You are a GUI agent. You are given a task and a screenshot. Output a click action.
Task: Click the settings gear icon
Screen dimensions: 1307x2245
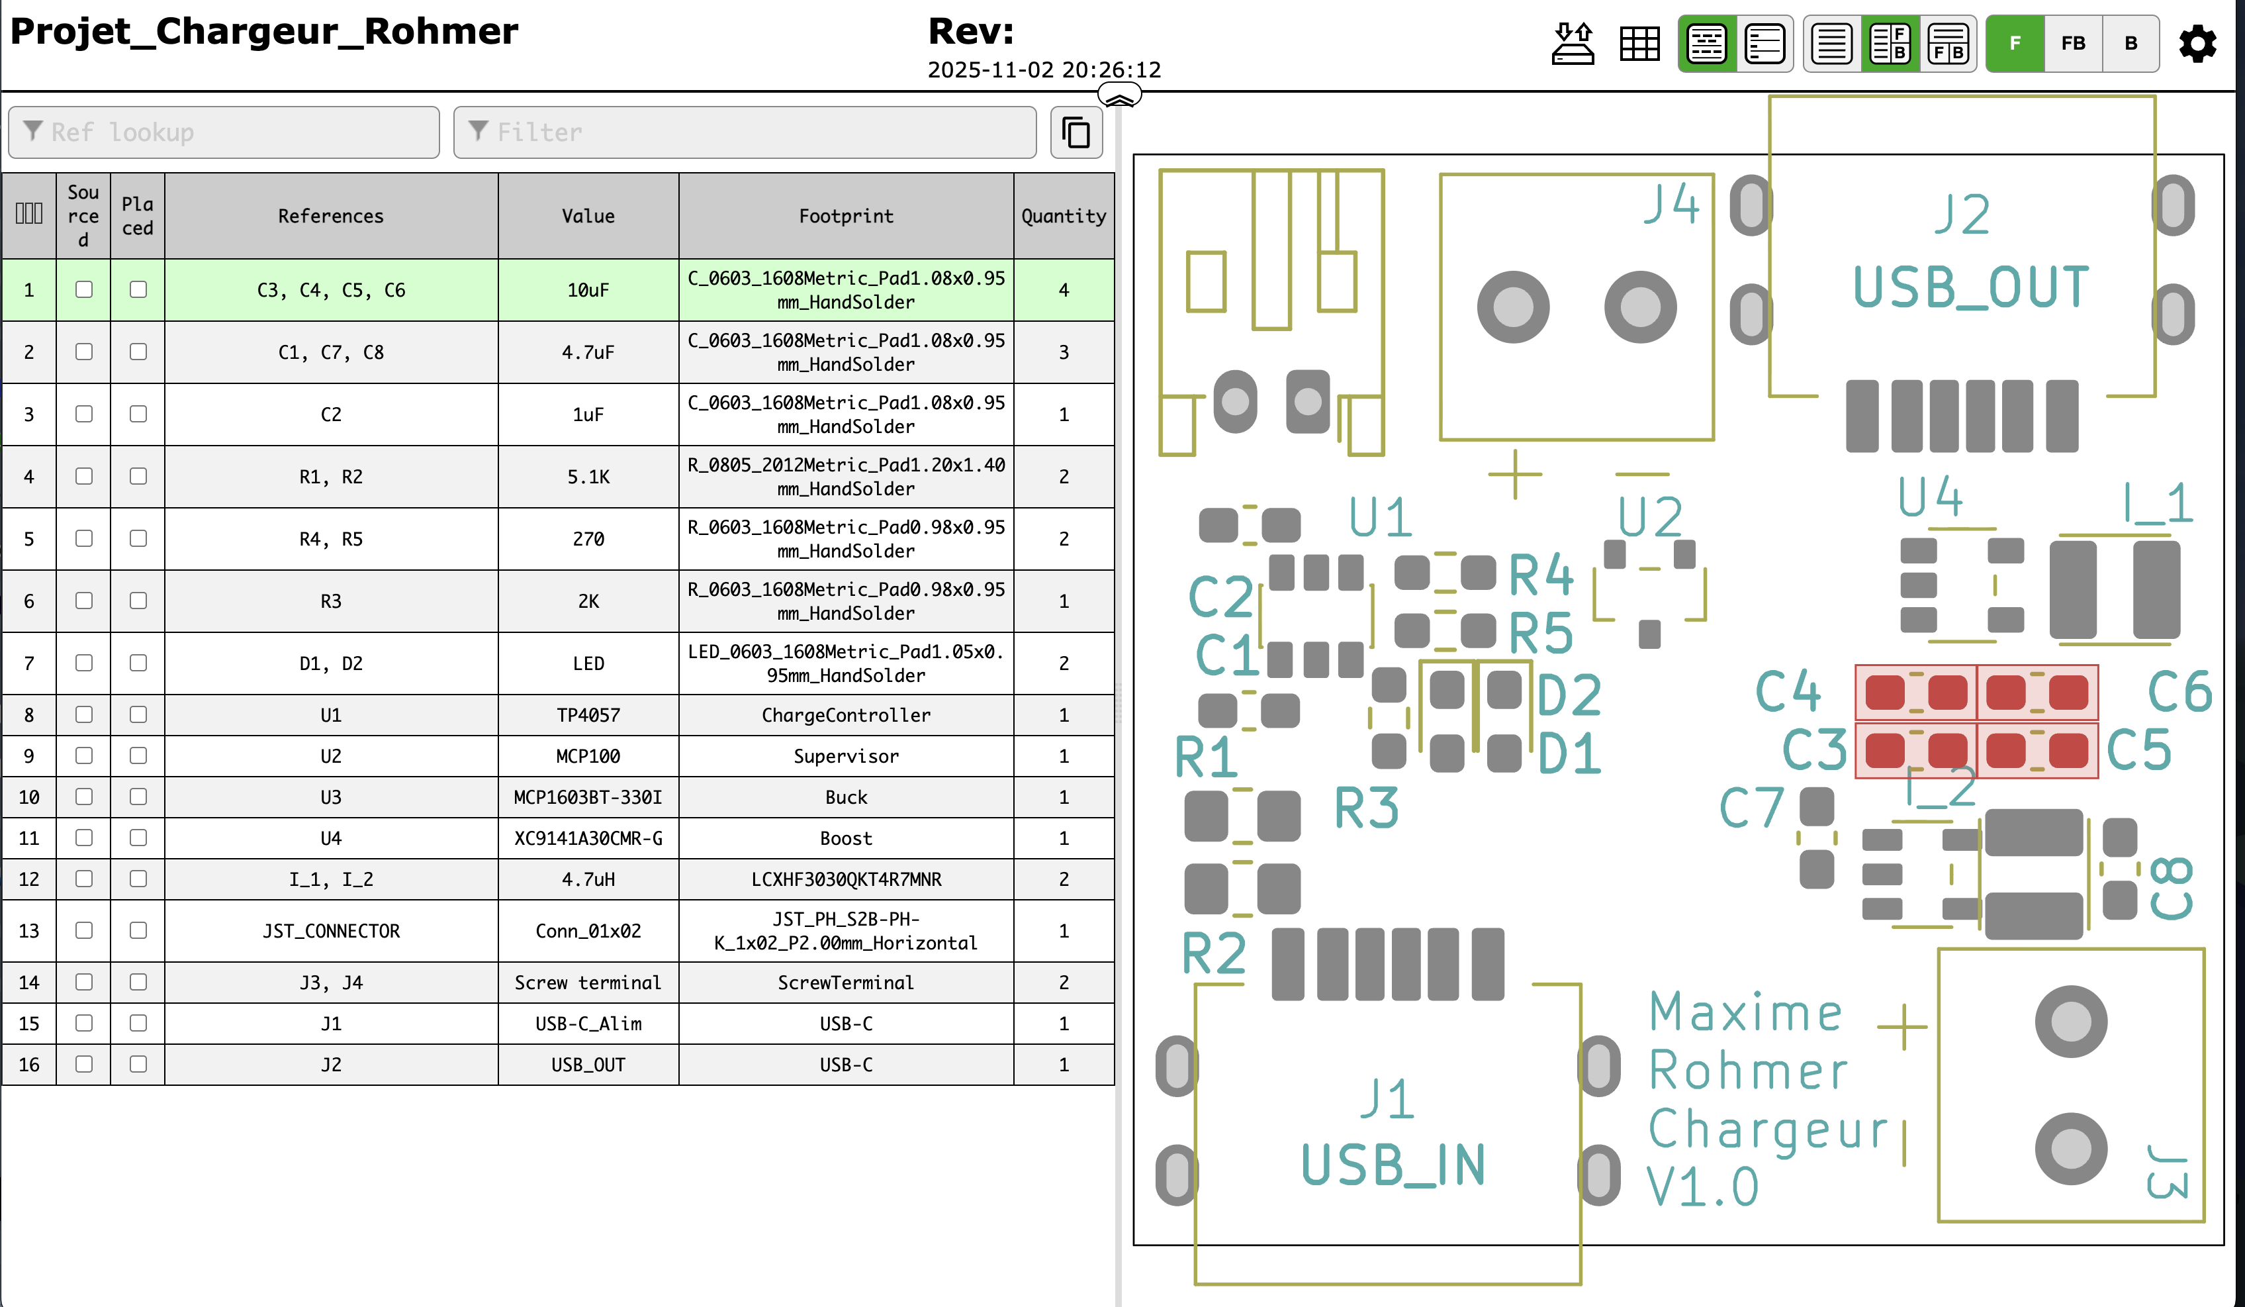coord(2197,44)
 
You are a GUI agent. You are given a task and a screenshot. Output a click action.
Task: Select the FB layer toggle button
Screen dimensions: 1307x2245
coord(2072,44)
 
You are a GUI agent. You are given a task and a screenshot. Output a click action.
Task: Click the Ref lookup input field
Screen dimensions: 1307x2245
coord(224,132)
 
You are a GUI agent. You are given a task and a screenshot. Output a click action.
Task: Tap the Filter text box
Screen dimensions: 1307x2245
coord(745,132)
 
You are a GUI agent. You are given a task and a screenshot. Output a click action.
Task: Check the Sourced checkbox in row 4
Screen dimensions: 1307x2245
coord(84,477)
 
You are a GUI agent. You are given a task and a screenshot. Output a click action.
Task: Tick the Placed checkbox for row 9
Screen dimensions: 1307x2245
coord(138,756)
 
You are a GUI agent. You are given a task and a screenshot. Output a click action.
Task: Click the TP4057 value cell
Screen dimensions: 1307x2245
coord(588,716)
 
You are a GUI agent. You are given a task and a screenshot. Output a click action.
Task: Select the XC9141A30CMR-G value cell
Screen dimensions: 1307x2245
coord(588,838)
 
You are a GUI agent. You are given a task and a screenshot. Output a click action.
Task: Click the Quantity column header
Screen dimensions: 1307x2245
coord(1063,217)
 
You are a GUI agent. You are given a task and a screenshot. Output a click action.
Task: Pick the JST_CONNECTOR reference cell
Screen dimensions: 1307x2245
coord(330,931)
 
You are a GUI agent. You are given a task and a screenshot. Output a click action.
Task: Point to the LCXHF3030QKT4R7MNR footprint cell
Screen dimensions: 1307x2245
coord(845,879)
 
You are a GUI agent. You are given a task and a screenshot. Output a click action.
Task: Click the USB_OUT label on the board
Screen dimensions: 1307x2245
coord(1970,288)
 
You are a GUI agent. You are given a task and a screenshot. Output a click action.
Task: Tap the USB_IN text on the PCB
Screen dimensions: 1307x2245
coord(1393,1165)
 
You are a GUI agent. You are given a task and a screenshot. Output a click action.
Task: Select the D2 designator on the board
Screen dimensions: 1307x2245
coord(1569,695)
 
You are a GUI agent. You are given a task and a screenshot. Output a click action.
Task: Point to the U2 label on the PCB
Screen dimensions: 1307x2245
coord(1650,516)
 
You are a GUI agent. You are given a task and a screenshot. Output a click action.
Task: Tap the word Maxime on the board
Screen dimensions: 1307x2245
coord(1745,1013)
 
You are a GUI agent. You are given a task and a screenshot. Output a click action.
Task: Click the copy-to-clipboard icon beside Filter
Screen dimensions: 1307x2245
coord(1076,132)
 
